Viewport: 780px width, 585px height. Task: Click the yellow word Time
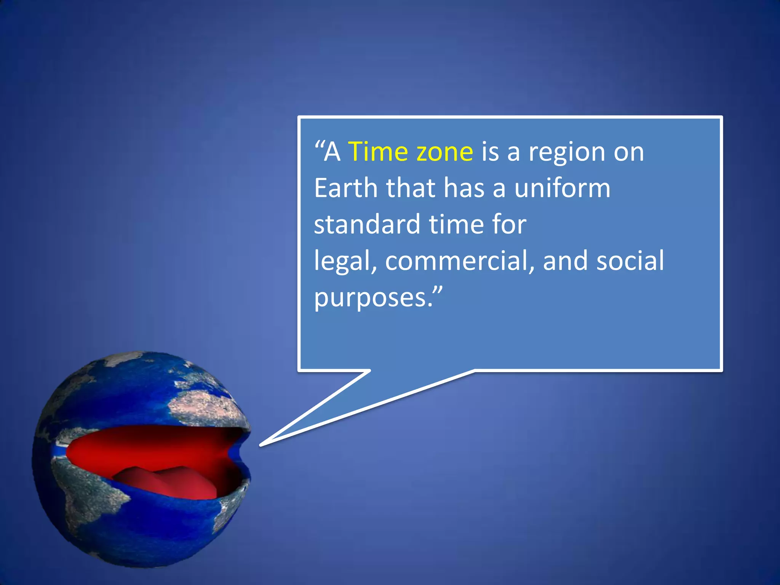377,152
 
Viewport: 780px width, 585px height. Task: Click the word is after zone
490,152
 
